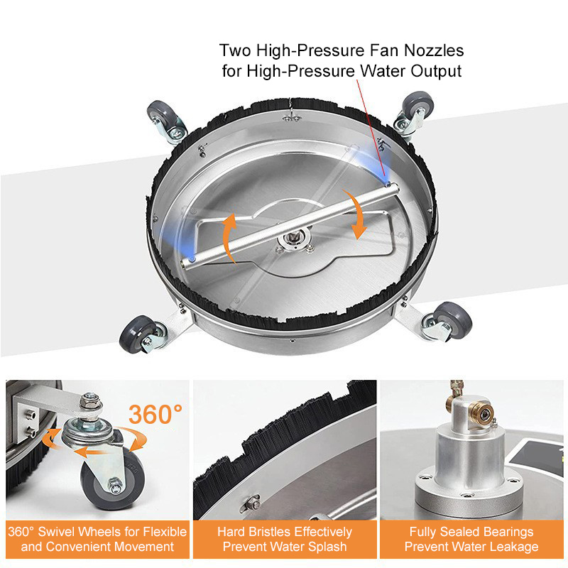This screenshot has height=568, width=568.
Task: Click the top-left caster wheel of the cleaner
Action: (163, 116)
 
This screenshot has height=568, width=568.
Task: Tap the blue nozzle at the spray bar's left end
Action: (192, 259)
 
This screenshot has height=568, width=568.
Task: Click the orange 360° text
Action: (155, 415)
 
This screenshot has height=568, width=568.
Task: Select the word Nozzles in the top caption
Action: (434, 50)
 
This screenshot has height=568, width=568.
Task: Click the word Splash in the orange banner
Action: (327, 547)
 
